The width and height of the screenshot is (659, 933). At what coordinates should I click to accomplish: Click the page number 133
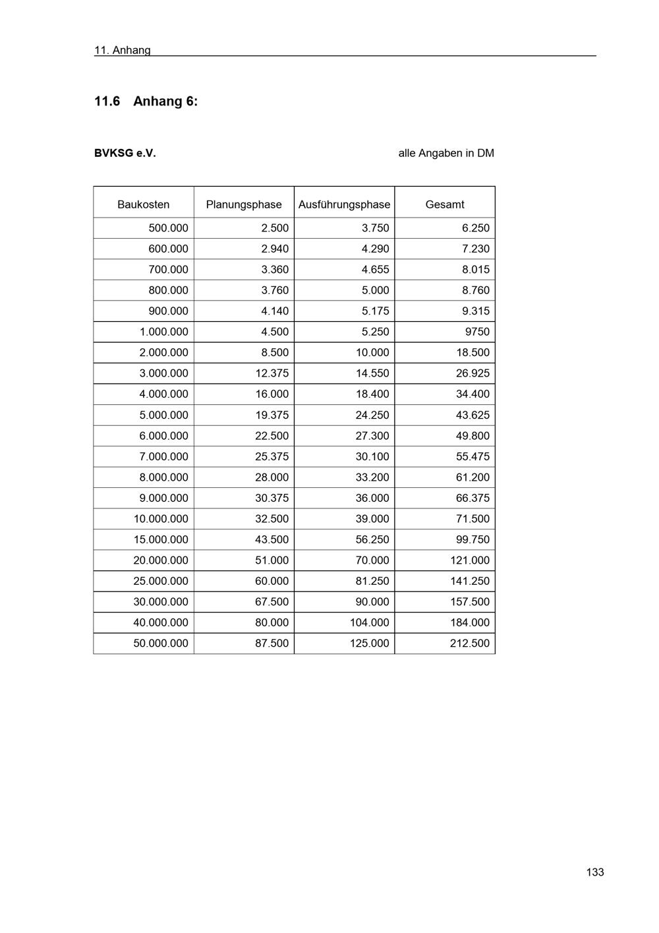[594, 872]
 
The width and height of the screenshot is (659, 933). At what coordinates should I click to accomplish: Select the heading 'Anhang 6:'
[165, 102]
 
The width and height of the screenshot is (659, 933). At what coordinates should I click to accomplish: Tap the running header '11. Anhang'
[123, 50]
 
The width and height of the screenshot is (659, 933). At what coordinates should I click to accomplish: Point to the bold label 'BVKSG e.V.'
[125, 154]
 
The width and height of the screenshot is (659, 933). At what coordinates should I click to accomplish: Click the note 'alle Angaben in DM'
[446, 154]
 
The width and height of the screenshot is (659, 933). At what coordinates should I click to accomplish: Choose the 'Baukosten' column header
[144, 204]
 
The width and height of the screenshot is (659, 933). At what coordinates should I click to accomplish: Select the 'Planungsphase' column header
[244, 204]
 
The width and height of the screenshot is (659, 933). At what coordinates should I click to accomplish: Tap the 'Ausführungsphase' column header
[344, 204]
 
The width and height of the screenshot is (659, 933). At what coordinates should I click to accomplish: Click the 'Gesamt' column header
[445, 204]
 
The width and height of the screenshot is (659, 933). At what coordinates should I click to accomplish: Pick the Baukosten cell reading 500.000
[168, 228]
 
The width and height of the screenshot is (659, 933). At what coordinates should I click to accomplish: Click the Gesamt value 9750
[477, 332]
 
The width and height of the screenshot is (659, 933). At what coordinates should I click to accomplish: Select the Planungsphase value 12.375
[272, 373]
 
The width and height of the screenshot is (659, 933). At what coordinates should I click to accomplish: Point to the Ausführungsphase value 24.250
[372, 415]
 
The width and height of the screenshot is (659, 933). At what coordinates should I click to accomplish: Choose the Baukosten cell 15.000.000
[161, 539]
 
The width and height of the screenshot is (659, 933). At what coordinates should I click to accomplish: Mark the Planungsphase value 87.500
[272, 643]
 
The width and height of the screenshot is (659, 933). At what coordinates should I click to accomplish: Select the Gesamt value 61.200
[473, 477]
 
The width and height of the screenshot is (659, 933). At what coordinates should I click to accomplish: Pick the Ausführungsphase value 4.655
[375, 270]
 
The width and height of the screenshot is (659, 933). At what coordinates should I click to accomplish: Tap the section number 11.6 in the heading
[107, 102]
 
